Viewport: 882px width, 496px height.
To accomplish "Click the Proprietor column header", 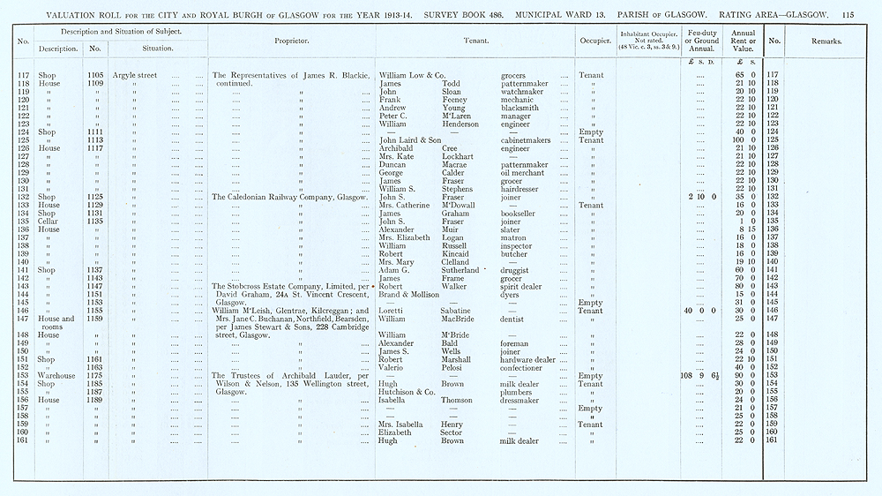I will pos(291,41).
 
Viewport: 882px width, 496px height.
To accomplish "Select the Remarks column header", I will pos(826,41).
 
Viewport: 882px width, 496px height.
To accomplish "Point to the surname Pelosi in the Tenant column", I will pos(455,368).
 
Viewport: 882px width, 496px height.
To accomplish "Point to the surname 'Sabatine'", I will pos(460,311).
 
